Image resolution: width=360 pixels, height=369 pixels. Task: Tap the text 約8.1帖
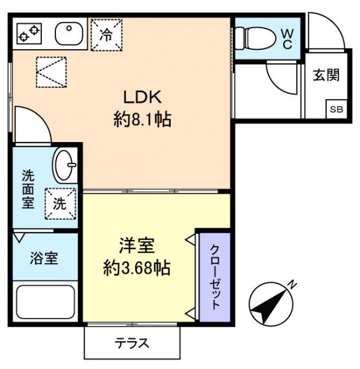(x=142, y=119)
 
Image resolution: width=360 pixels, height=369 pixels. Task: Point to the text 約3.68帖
(x=136, y=269)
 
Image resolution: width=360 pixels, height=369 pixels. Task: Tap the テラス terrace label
(x=131, y=343)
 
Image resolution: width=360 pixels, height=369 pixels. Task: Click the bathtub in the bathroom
(x=44, y=303)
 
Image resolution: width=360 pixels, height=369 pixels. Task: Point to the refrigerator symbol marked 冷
(x=106, y=34)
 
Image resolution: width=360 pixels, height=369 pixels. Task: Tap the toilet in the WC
(x=254, y=38)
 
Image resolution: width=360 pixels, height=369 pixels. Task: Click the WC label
(x=286, y=38)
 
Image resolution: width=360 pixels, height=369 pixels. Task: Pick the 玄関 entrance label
(x=326, y=75)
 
